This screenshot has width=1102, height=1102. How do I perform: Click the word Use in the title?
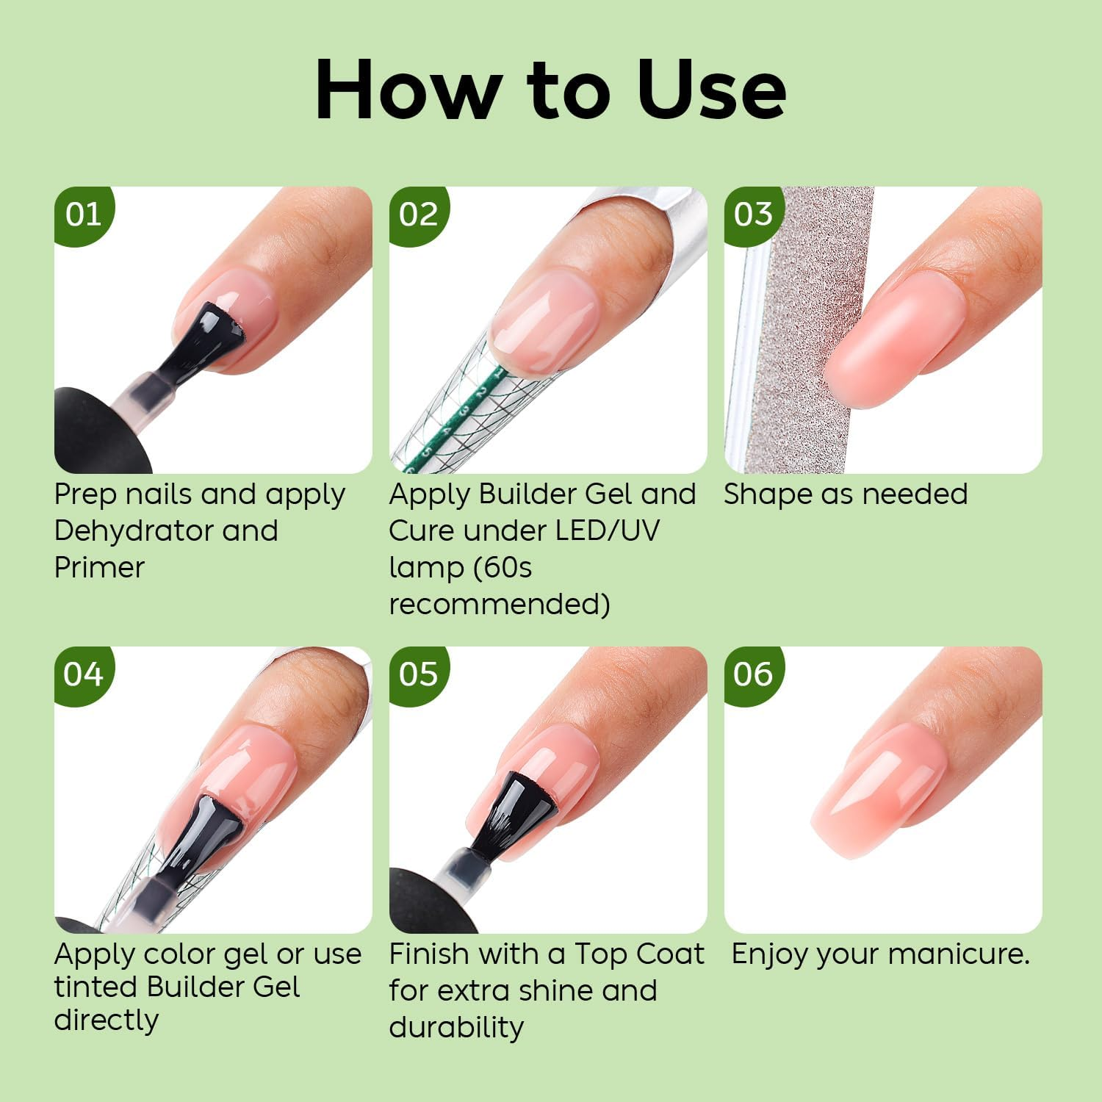tap(712, 90)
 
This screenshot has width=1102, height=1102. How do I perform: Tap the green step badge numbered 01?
tap(82, 215)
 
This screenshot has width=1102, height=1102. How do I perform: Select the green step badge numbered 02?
tap(418, 215)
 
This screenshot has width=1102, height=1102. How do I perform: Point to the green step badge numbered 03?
tap(753, 215)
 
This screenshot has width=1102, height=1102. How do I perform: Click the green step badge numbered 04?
tap(82, 674)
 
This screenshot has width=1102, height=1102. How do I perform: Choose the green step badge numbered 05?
tap(418, 674)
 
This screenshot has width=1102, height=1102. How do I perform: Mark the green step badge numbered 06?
tap(753, 674)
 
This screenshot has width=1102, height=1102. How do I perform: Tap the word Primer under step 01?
tap(99, 567)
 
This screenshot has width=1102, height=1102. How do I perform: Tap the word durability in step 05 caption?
tap(456, 1027)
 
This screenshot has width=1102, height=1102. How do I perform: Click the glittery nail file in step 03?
tap(801, 331)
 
